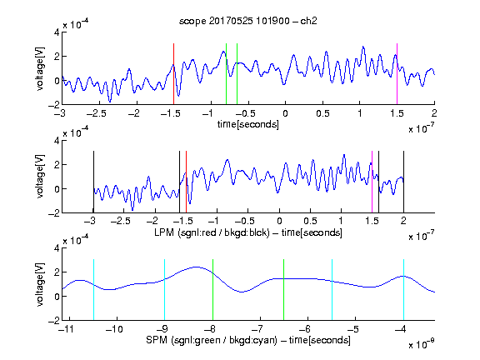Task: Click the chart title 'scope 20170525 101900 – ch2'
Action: click(248, 21)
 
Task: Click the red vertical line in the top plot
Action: click(173, 74)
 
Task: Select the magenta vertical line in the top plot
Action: click(397, 74)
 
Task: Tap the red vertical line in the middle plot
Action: click(186, 182)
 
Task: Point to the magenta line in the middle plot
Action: click(372, 182)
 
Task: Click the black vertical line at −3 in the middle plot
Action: click(93, 182)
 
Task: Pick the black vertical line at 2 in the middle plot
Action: click(403, 182)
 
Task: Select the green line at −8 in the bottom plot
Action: click(212, 290)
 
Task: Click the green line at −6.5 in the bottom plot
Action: click(284, 290)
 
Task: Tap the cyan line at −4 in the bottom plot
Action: click(403, 290)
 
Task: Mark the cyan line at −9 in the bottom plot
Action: click(165, 290)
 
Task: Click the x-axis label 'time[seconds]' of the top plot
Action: click(248, 125)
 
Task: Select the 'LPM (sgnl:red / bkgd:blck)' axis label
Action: click(212, 232)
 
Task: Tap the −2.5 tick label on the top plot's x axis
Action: click(97, 113)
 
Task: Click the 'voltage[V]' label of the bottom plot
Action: click(40, 284)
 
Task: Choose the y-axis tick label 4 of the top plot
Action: click(57, 32)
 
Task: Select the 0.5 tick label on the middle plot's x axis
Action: click(310, 221)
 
